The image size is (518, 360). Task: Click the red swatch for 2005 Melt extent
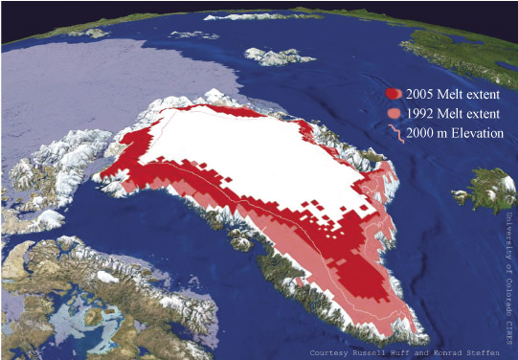(393, 94)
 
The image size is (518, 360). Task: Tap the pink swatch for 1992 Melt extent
(393, 114)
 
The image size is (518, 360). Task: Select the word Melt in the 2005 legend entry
(456, 94)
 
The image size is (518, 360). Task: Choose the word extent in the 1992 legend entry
(491, 114)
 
